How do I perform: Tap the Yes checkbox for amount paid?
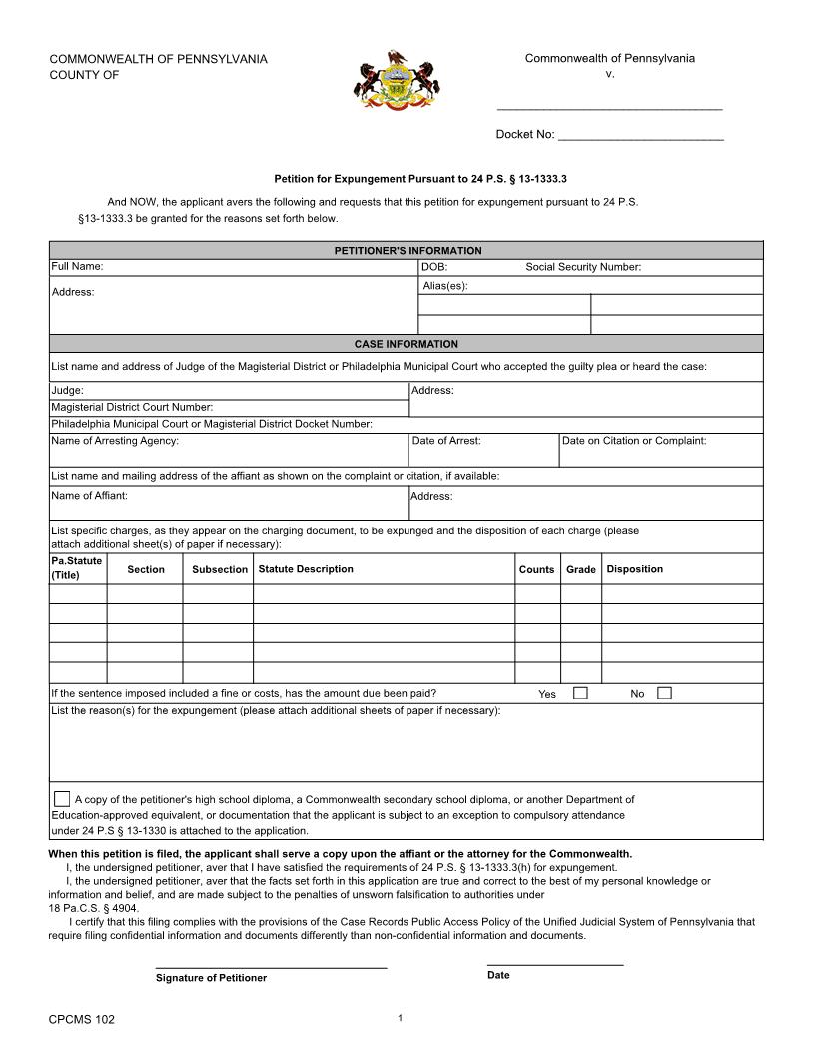[x=580, y=693]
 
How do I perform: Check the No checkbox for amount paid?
[x=664, y=693]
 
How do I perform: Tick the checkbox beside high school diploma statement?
[x=62, y=798]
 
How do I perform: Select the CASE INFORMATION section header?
[x=407, y=343]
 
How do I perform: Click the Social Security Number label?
[x=583, y=267]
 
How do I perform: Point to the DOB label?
[x=434, y=267]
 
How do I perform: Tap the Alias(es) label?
[x=445, y=286]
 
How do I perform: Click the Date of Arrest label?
[x=446, y=440]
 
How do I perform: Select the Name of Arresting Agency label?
[x=115, y=440]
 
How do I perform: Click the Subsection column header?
[x=220, y=569]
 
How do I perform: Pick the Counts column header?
[x=536, y=569]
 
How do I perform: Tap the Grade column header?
[x=581, y=569]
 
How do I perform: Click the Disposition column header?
[x=635, y=569]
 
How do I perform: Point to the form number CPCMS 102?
[x=82, y=1019]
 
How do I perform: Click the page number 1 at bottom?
[x=400, y=1018]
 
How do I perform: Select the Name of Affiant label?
[x=89, y=496]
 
